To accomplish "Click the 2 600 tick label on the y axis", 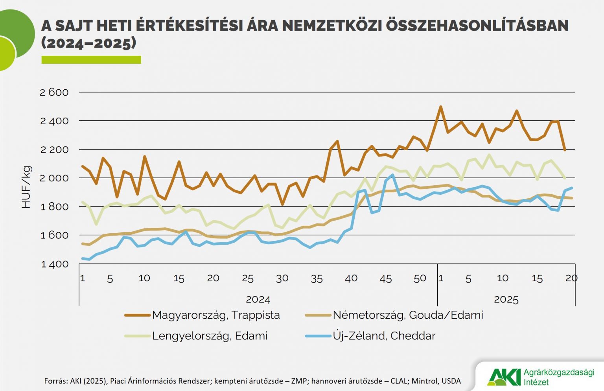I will point(54,92).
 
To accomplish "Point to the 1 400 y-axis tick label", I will point(54,264).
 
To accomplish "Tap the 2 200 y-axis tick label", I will point(54,149).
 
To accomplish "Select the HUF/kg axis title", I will point(26,187).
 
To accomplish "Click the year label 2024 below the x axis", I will point(258,299).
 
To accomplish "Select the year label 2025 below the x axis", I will point(506,299).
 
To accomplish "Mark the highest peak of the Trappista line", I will point(440,107).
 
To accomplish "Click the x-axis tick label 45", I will point(385,278).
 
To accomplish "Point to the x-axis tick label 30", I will point(282,278).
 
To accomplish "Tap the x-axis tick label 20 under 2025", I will point(571,278).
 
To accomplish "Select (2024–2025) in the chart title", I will point(89,42).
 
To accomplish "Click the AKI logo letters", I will point(504,377).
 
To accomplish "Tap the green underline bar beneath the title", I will point(91,60).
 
